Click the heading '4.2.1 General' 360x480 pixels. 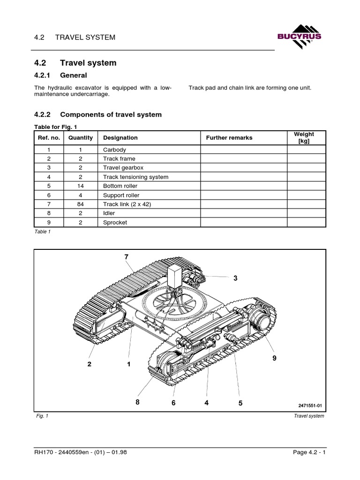pos(61,75)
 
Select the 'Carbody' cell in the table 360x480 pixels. pos(115,150)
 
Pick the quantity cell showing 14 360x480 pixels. pos(80,186)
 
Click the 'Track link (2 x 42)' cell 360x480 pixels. pos(126,204)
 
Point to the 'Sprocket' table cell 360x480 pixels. pos(115,223)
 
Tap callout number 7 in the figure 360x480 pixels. pos(126,256)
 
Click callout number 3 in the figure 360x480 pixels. pos(235,278)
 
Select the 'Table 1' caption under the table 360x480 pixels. pos(42,232)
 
